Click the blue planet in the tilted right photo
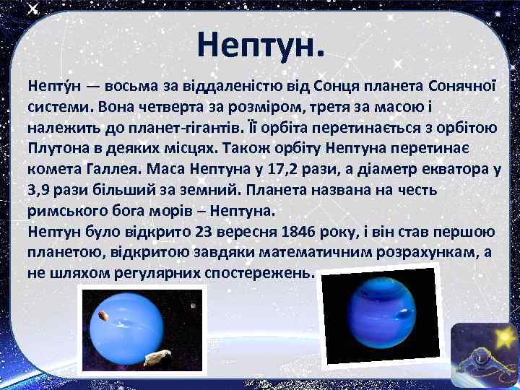[377, 315]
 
